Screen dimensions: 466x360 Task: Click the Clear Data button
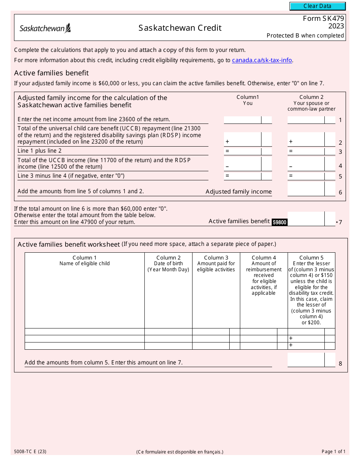pyautogui.click(x=318, y=6)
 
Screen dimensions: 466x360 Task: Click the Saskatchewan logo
pyautogui.click(x=45, y=28)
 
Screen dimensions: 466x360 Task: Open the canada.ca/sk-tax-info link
pyautogui.click(x=262, y=60)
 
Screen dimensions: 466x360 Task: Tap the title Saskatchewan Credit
pyautogui.click(x=180, y=28)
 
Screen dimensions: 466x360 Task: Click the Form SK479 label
pyautogui.click(x=323, y=19)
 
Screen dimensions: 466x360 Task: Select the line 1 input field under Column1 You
pyautogui.click(x=243, y=120)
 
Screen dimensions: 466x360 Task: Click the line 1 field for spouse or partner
pyautogui.click(x=306, y=120)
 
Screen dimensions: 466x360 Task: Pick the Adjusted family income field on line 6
pyautogui.click(x=306, y=189)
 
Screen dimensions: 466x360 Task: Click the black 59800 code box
pyautogui.click(x=279, y=222)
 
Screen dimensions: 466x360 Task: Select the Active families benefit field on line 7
pyautogui.click(x=306, y=219)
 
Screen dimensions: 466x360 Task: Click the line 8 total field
pyautogui.click(x=306, y=360)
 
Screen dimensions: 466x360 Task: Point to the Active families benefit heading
pyautogui.click(x=52, y=73)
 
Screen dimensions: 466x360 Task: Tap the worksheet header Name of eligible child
pyautogui.click(x=85, y=261)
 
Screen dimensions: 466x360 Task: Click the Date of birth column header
pyautogui.click(x=168, y=264)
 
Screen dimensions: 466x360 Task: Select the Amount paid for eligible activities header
pyautogui.click(x=216, y=264)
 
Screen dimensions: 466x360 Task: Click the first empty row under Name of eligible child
pyautogui.click(x=85, y=332)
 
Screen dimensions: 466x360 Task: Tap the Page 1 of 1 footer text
pyautogui.click(x=333, y=451)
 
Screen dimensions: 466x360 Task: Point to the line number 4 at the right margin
pyautogui.click(x=340, y=166)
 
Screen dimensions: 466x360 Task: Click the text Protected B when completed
pyautogui.click(x=305, y=36)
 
